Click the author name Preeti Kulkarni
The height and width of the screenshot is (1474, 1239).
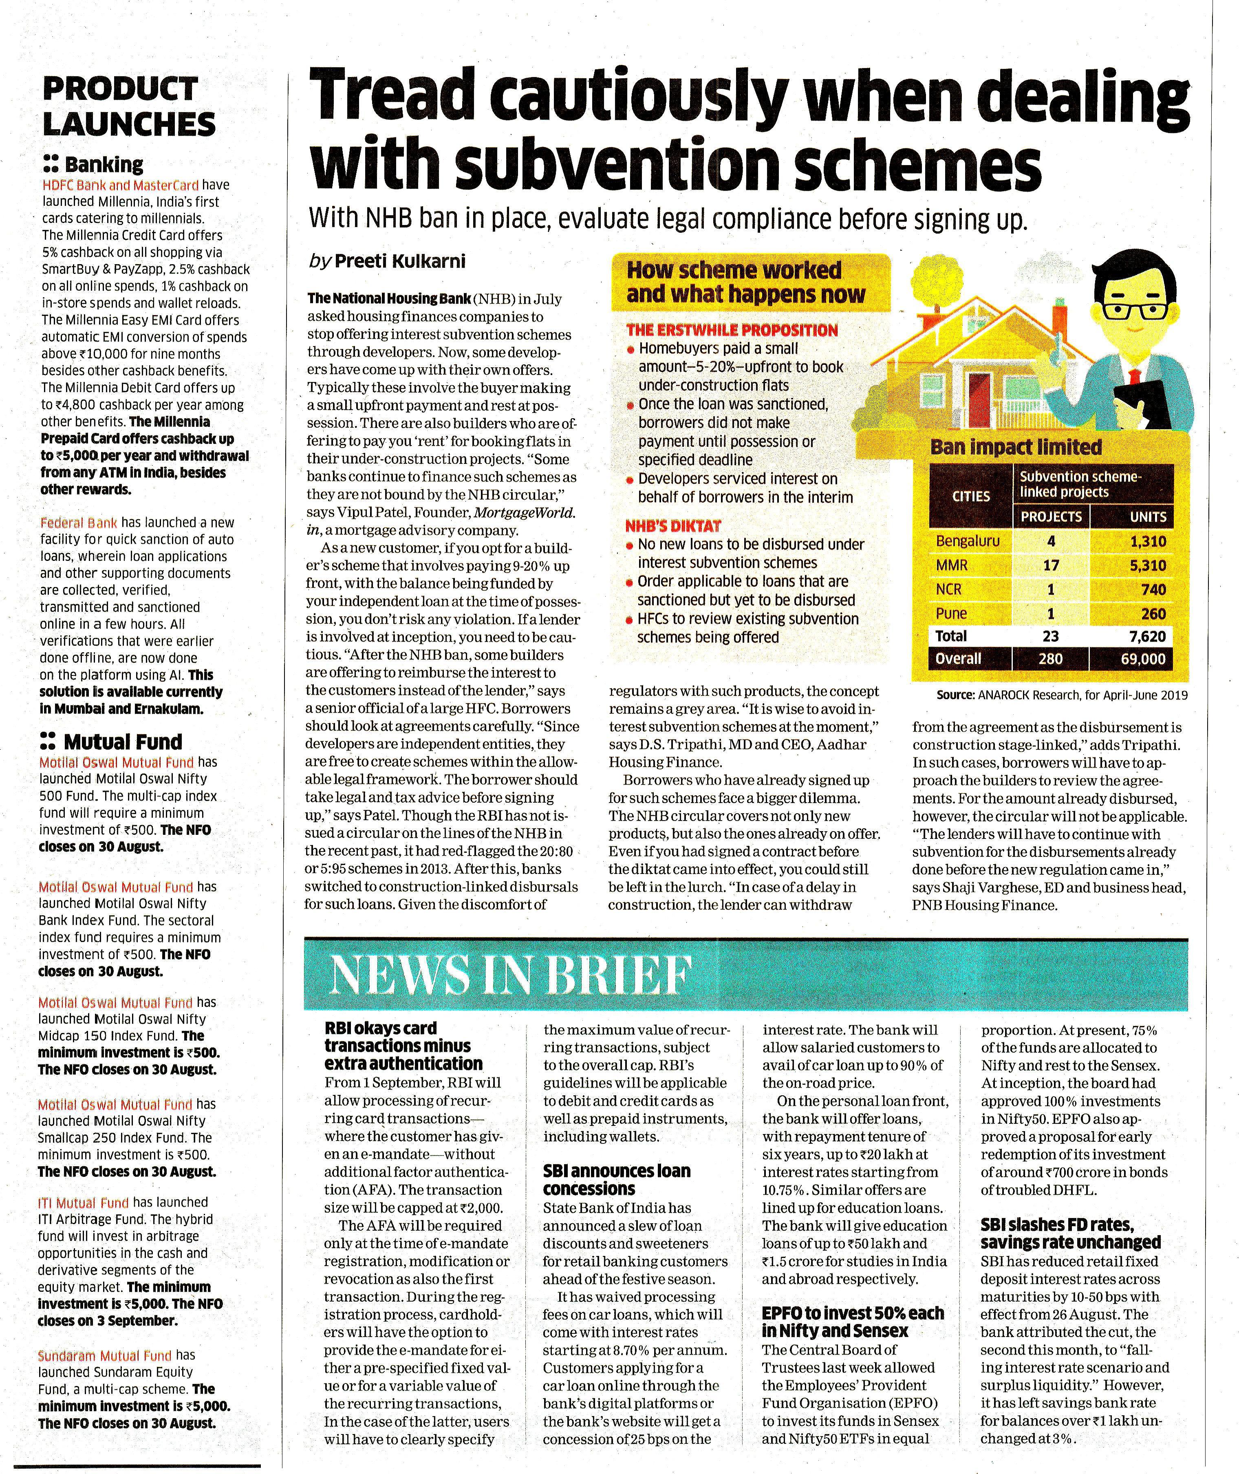coord(399,261)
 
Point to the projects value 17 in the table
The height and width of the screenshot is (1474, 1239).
coord(1051,565)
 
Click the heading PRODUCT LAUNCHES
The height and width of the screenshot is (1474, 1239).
coord(128,106)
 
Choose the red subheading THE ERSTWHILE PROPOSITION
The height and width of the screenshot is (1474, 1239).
coord(732,330)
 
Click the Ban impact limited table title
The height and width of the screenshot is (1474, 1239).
coord(1016,447)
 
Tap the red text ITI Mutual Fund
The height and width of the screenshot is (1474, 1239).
coord(84,1203)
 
